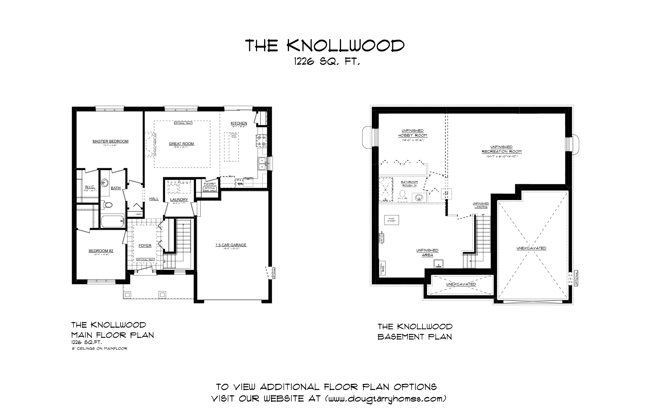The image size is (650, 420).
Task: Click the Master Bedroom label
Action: tap(110, 141)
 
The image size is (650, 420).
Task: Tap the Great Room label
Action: tap(181, 144)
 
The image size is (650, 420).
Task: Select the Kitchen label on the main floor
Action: tap(239, 123)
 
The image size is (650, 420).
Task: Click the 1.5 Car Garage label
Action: tap(230, 245)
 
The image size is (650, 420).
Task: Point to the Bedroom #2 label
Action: tap(101, 251)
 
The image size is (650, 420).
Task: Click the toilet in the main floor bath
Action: tap(108, 205)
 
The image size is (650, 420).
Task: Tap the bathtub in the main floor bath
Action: tap(112, 222)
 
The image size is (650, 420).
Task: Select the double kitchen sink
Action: tap(262, 164)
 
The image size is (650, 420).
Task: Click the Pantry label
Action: tap(210, 183)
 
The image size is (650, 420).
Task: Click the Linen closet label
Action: tap(138, 214)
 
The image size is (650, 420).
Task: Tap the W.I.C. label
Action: tap(89, 187)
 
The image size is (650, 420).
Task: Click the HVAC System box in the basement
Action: tap(392, 220)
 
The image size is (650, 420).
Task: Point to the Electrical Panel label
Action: tap(382, 268)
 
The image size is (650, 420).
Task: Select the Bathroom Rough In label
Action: tap(409, 183)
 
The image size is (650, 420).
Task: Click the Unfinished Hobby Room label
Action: tap(412, 133)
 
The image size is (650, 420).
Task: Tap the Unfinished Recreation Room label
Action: tap(501, 149)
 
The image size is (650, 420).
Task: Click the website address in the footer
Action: tap(385, 399)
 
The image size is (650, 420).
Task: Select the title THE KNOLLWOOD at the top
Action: tap(325, 46)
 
